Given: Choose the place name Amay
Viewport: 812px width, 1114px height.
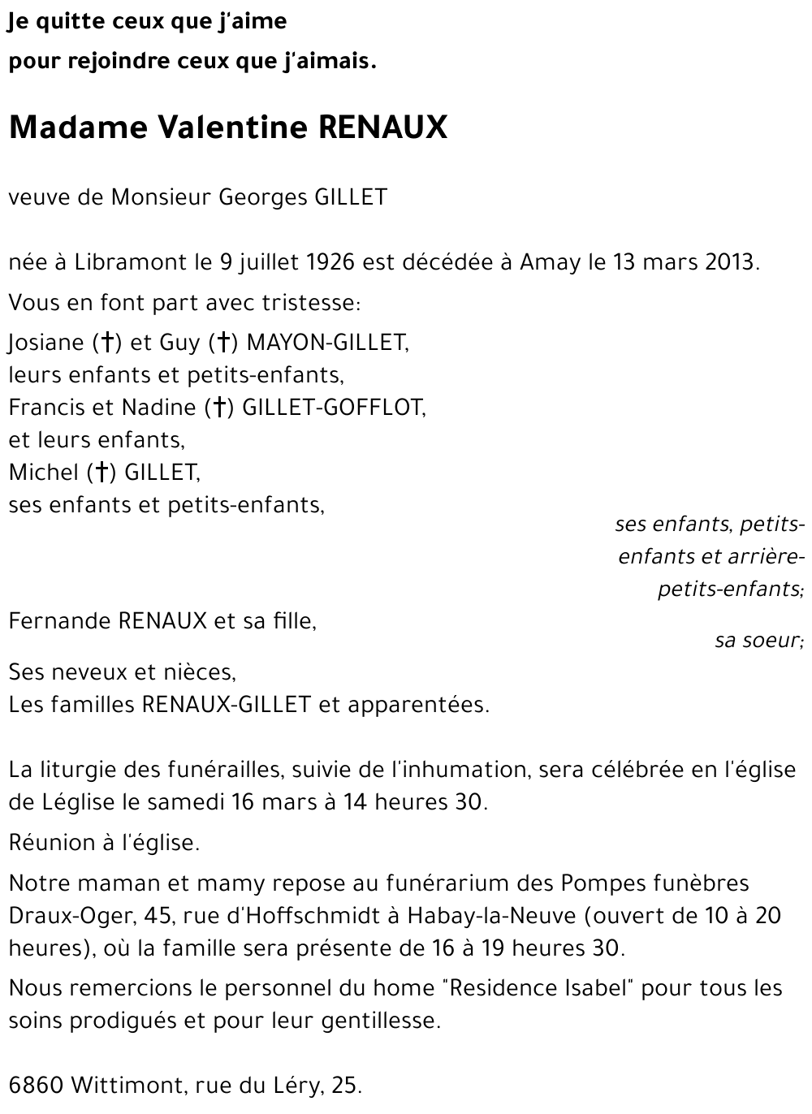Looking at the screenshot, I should [551, 263].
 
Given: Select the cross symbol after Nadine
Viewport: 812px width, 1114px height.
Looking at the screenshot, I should [218, 408].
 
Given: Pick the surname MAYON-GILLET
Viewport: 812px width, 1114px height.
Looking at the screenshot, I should [326, 343].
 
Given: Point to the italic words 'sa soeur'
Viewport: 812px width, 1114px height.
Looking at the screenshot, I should [758, 641].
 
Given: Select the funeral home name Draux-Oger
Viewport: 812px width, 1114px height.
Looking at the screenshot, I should [70, 916].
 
